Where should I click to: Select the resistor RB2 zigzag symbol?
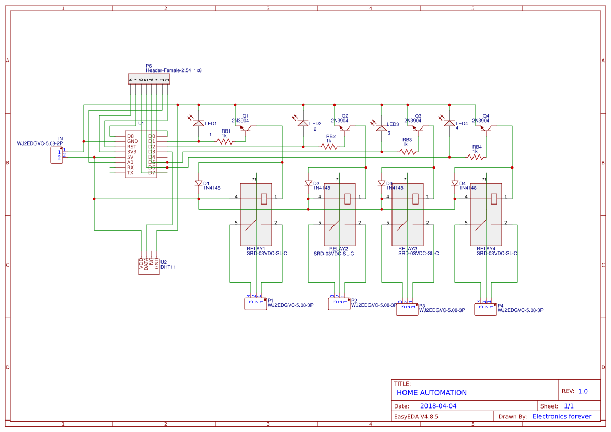click(x=329, y=147)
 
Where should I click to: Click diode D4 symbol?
click(x=455, y=184)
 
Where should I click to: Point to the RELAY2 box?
click(x=340, y=214)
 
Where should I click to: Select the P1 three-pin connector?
click(x=255, y=304)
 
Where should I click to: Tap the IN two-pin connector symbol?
click(x=56, y=155)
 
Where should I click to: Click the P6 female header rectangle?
click(x=149, y=79)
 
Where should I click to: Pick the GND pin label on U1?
click(x=132, y=141)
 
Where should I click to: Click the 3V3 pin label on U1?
click(x=132, y=152)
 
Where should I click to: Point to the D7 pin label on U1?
click(x=152, y=173)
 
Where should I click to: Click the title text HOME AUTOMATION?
click(x=431, y=393)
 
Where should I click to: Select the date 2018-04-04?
click(x=438, y=406)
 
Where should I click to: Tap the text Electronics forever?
click(x=561, y=416)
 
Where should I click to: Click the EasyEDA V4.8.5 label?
click(x=416, y=416)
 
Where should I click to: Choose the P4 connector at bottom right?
click(x=485, y=309)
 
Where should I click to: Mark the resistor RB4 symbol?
click(x=476, y=157)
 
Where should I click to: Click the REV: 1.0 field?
click(x=575, y=391)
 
